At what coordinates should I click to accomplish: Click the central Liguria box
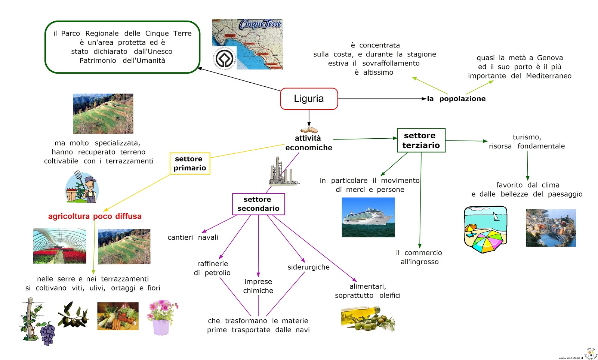[309, 99]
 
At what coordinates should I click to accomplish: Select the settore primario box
[190, 163]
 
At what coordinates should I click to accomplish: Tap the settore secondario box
[258, 204]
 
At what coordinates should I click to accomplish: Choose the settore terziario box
[421, 140]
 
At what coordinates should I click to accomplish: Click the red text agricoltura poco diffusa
[95, 216]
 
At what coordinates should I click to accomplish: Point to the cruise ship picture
[368, 217]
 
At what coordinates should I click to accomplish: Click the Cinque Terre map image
[247, 44]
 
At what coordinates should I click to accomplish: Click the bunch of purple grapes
[48, 334]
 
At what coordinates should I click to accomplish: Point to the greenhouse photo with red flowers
[60, 246]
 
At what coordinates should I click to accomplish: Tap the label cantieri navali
[193, 237]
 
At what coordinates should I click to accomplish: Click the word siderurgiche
[308, 267]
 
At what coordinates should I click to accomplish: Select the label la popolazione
[456, 99]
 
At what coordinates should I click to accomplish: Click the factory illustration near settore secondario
[282, 172]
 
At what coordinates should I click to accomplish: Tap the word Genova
[550, 58]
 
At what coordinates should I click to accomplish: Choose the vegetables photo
[118, 316]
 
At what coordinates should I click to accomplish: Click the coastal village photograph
[551, 228]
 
